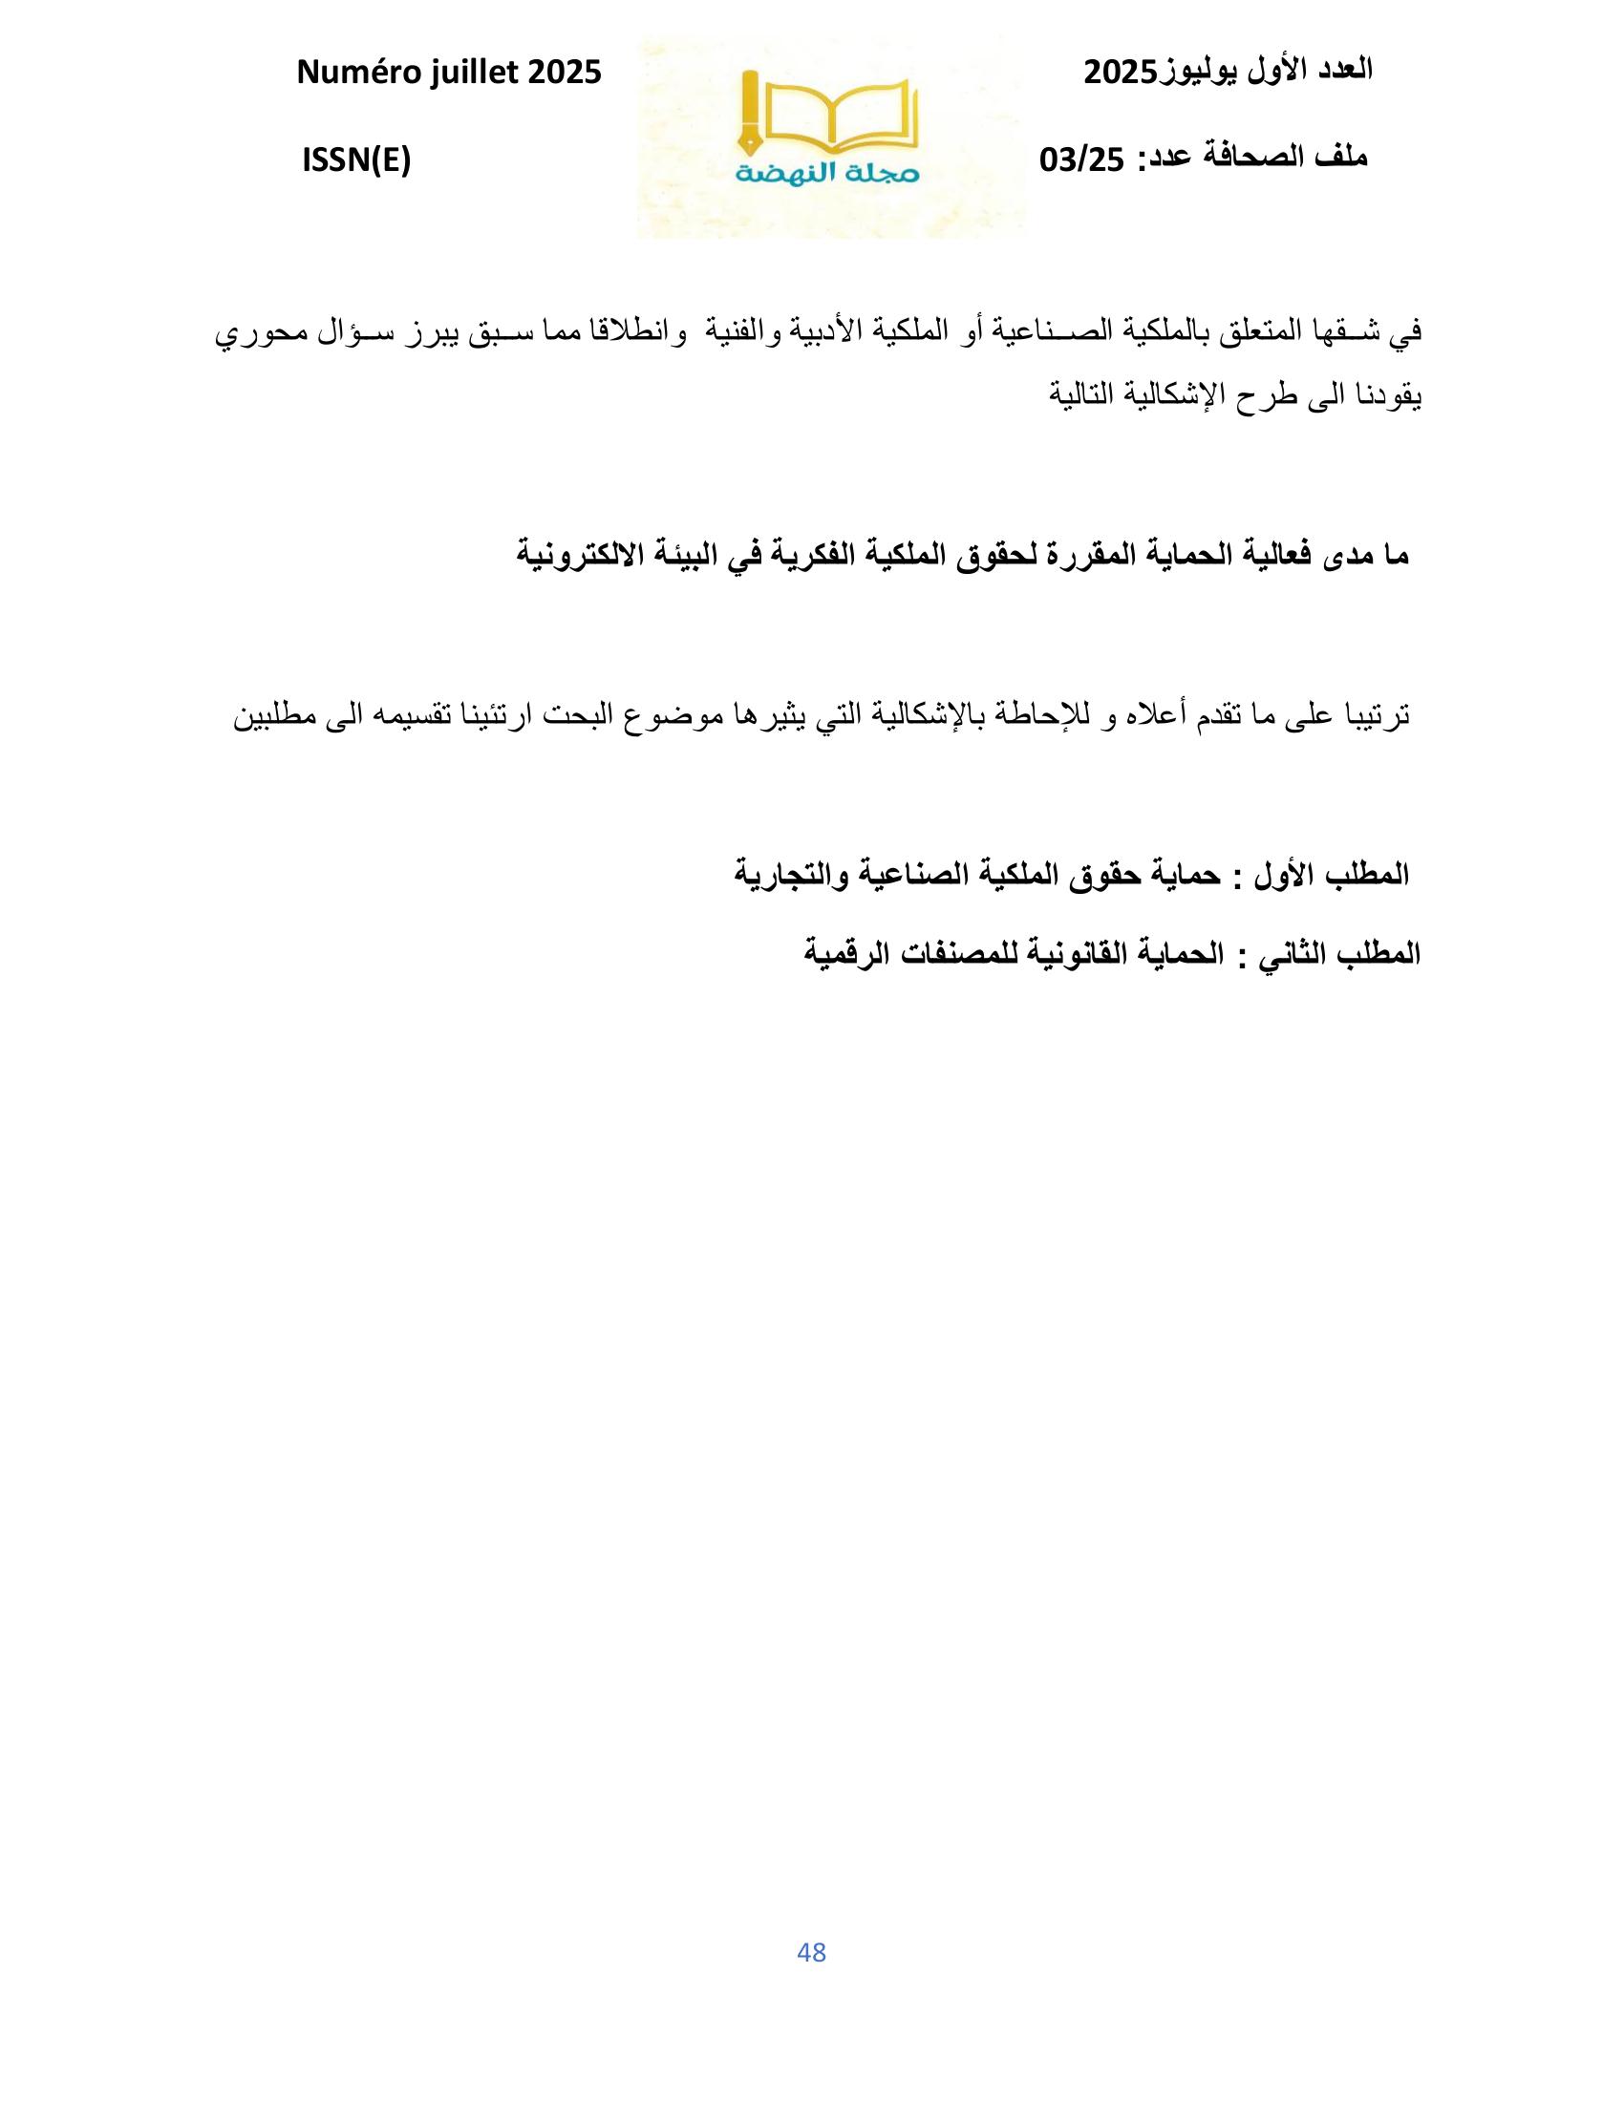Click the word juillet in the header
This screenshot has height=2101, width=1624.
click(x=465, y=73)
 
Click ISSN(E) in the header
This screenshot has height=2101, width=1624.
click(x=356, y=160)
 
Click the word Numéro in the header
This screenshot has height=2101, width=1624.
click(x=355, y=73)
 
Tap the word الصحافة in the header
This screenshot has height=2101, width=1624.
click(x=1244, y=158)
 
